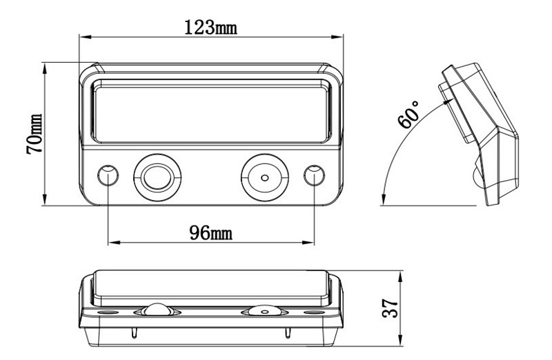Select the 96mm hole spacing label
point(210,232)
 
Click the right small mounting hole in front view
point(314,175)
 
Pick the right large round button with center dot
point(264,176)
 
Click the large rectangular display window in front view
point(210,110)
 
